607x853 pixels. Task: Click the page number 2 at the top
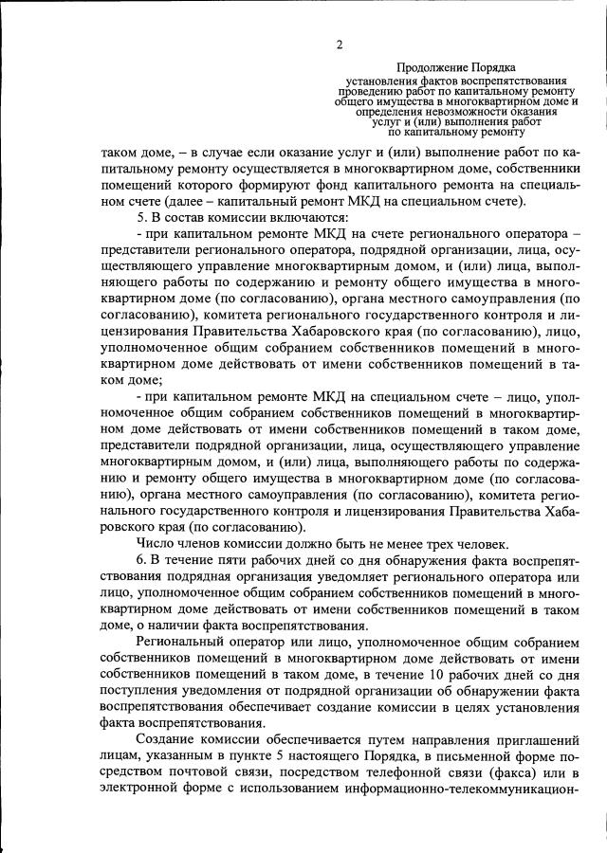(x=339, y=45)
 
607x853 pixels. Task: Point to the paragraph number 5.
(x=140, y=217)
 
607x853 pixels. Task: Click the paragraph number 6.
(x=140, y=559)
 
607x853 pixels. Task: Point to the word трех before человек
(x=418, y=542)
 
